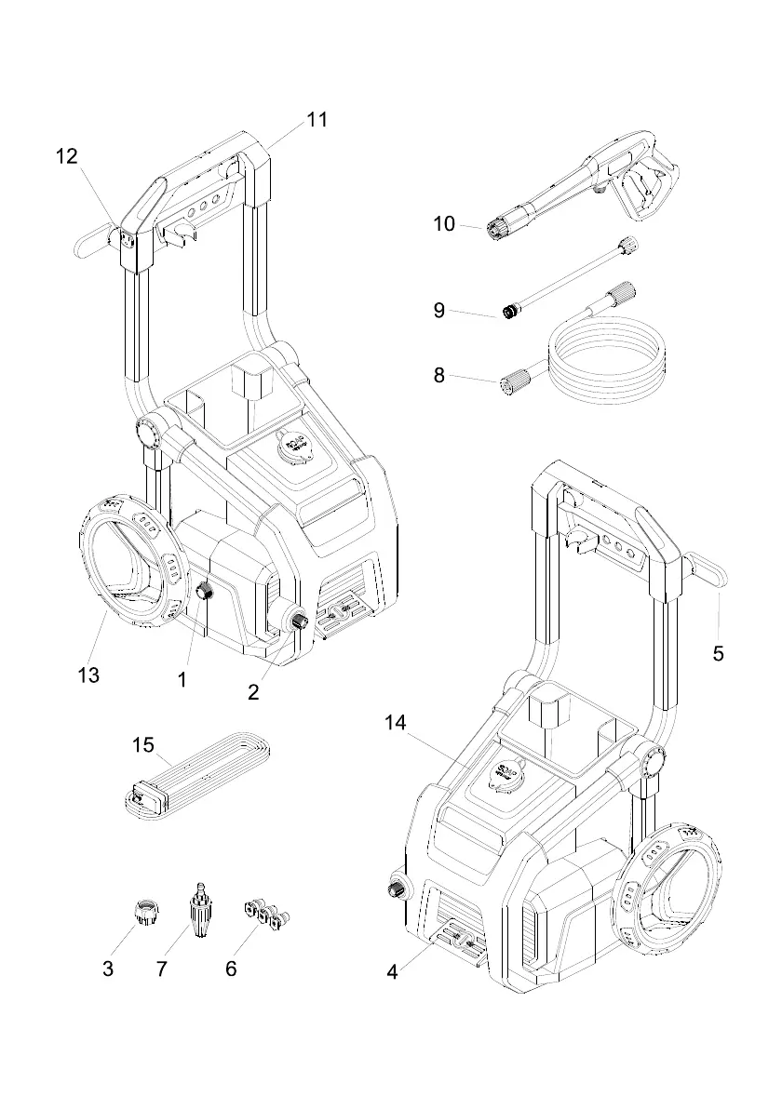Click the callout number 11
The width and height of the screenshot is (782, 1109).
317,120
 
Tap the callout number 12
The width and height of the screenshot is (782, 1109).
67,156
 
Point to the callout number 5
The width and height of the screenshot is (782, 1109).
718,653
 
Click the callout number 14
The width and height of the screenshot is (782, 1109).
396,721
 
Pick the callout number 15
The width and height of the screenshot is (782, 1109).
142,744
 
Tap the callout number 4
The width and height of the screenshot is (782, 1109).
392,972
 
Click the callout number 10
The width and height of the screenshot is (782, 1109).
444,224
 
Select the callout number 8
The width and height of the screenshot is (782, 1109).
439,376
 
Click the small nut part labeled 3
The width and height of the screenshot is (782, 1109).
145,910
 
